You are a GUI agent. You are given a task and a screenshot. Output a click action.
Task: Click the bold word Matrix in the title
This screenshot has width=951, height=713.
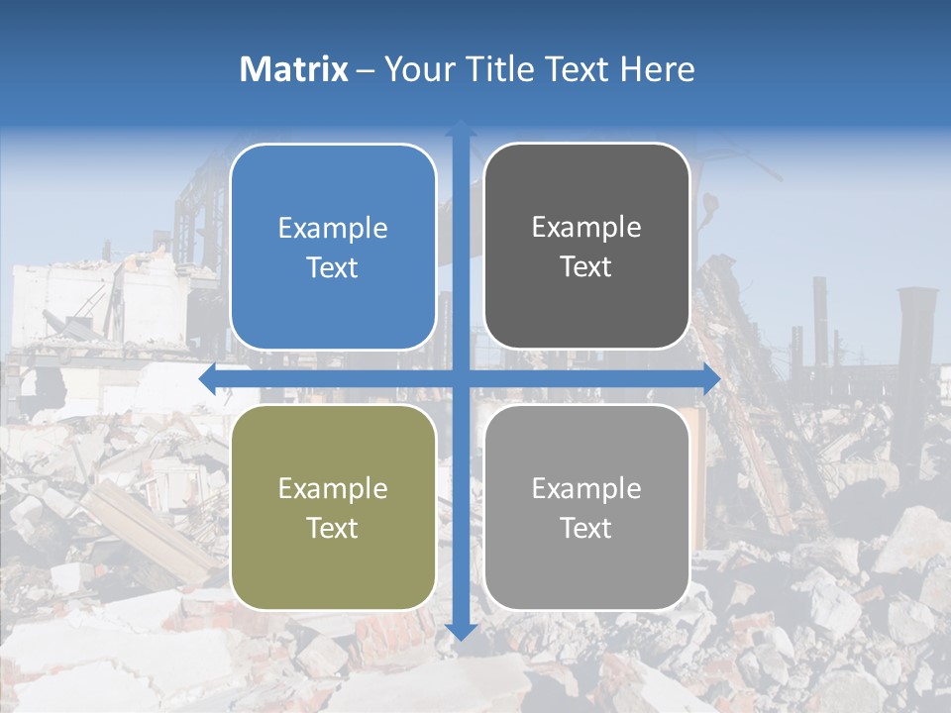point(293,69)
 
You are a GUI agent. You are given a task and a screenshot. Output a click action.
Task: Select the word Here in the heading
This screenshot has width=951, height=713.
point(657,69)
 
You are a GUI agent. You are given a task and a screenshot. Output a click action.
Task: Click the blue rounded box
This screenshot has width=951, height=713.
point(333,247)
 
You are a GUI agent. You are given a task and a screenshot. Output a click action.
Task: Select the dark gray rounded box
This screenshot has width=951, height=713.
point(586,247)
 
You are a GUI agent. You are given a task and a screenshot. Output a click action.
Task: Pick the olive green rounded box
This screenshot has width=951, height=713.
point(333,507)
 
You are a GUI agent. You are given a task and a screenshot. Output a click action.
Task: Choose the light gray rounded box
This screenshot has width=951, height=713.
point(586,507)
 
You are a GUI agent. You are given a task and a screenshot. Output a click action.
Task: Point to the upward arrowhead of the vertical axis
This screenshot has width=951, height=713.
point(461,128)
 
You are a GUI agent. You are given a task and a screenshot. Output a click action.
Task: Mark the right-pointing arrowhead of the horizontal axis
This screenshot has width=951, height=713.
point(711,379)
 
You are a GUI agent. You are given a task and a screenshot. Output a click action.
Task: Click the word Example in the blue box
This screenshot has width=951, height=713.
point(333,229)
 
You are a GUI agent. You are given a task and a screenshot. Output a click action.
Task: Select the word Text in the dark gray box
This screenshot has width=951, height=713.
point(586,267)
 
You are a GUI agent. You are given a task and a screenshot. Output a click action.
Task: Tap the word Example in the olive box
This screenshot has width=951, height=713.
point(333,489)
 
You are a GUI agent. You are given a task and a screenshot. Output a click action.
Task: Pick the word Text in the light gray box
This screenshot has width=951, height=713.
point(586,528)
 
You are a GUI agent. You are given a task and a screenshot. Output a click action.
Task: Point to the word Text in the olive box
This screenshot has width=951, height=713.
point(333,528)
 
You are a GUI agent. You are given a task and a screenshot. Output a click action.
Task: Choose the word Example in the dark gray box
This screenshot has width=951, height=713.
point(586,228)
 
